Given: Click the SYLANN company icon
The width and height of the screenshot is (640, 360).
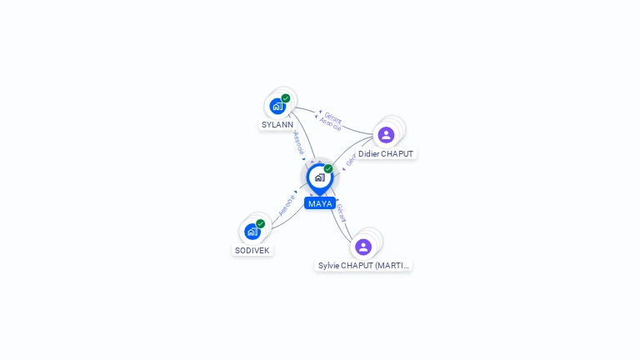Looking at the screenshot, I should (x=277, y=107).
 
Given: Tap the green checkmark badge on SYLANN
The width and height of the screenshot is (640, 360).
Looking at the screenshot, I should (x=286, y=98).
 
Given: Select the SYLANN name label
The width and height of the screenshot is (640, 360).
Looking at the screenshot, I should (x=277, y=125).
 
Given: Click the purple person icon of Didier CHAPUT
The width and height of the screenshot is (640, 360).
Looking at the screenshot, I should (x=386, y=135).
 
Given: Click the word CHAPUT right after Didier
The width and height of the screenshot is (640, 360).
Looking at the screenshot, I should (x=398, y=154).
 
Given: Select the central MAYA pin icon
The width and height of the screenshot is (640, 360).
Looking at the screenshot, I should (x=319, y=177).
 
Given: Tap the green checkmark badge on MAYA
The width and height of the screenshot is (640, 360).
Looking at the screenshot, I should (x=328, y=168).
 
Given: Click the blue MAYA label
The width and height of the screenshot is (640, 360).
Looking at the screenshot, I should (x=320, y=203).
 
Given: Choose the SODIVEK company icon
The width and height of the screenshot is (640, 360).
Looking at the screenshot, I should (x=252, y=232).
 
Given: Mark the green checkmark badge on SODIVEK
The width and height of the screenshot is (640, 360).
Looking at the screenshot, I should (x=260, y=223).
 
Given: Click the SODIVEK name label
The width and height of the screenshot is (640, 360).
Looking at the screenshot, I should (x=252, y=250).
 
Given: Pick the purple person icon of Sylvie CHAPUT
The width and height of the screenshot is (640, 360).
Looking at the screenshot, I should (x=363, y=247).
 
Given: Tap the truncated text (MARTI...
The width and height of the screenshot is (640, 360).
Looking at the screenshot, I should (x=392, y=266).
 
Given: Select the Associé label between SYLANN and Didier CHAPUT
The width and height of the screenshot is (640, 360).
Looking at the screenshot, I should (x=330, y=125).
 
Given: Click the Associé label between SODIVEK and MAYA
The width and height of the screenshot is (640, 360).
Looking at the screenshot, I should (x=287, y=205).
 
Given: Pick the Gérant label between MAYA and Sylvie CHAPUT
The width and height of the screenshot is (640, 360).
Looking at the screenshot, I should (x=340, y=213).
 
